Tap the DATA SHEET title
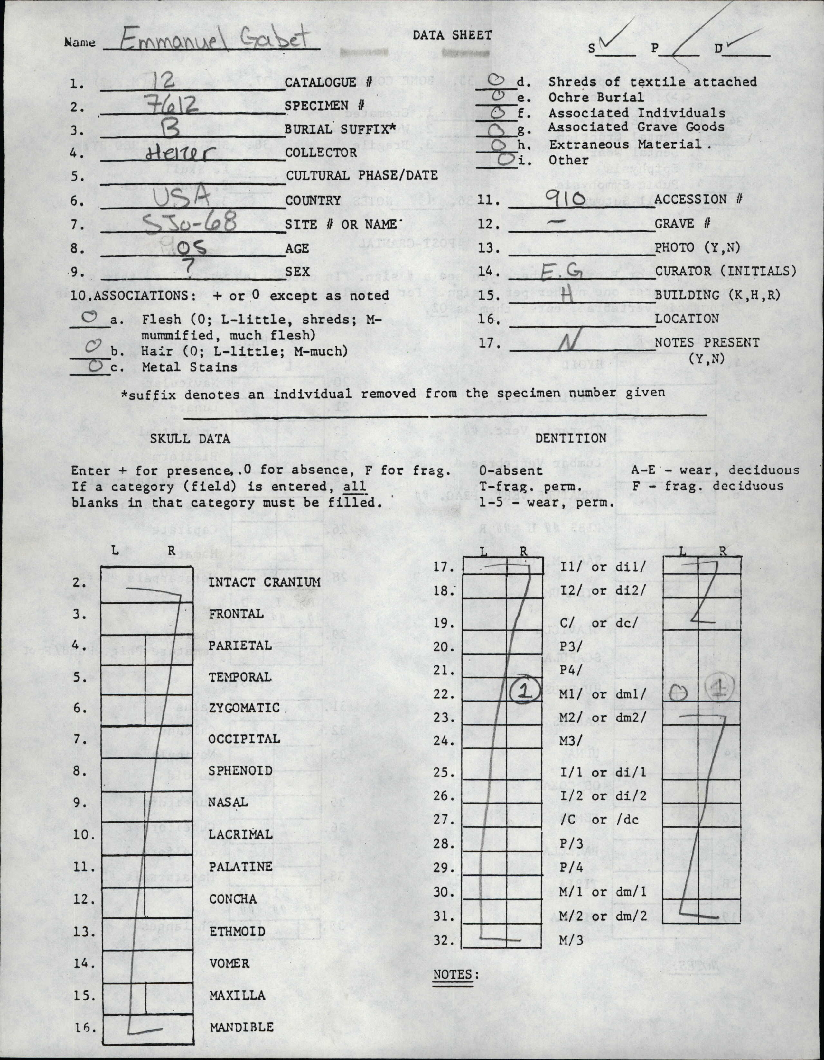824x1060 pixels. click(452, 35)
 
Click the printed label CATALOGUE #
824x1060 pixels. click(328, 82)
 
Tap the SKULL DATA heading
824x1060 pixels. click(190, 439)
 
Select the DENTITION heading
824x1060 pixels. click(571, 438)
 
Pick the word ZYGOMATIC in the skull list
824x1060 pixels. click(244, 708)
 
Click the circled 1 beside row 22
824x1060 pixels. click(523, 692)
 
